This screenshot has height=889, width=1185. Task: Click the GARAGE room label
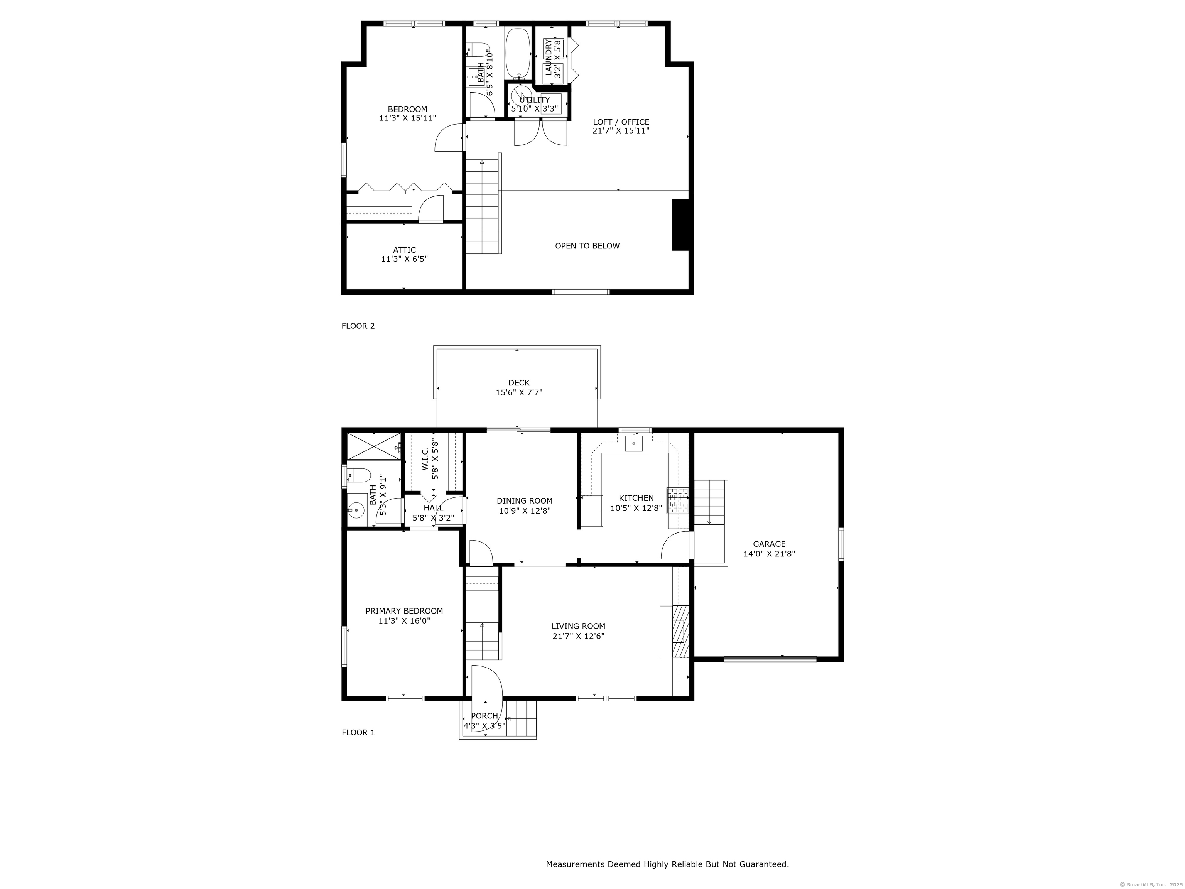click(769, 544)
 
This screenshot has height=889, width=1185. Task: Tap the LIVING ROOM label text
click(579, 626)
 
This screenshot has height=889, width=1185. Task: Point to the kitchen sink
click(634, 444)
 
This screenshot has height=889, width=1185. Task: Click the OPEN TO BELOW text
click(587, 246)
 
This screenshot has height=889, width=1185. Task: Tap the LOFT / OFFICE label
click(621, 122)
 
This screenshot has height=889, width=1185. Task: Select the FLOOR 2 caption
click(358, 326)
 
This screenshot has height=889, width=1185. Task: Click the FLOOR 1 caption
click(358, 732)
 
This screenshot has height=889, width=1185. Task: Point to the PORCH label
click(484, 716)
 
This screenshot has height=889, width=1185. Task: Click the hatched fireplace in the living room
click(680, 631)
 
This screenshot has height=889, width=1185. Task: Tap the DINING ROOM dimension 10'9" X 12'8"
click(525, 511)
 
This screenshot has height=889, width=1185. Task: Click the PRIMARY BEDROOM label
click(404, 611)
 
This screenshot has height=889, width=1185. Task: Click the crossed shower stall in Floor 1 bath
click(374, 446)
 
